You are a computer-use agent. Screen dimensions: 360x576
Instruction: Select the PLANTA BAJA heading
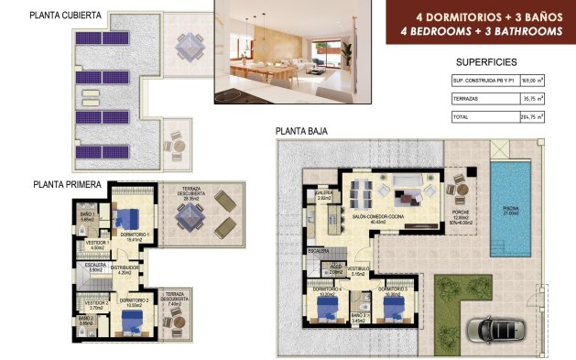[x=300, y=132]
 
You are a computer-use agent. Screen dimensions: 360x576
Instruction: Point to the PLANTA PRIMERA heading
[x=67, y=184]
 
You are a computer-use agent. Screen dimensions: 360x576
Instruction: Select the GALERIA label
[x=323, y=194]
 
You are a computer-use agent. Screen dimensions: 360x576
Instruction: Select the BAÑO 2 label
[x=86, y=319]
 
